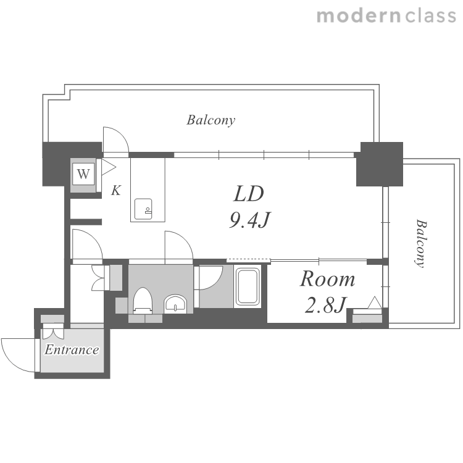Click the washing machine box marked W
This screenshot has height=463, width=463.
[83, 174]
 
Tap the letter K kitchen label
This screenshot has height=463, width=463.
[116, 191]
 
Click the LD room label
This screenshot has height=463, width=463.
[249, 194]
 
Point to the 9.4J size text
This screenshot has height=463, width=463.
[249, 220]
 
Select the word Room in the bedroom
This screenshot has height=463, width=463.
[327, 279]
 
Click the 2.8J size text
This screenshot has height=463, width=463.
[325, 305]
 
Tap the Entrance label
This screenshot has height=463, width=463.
[72, 350]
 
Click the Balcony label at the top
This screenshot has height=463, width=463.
[211, 120]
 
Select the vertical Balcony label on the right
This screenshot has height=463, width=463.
[421, 243]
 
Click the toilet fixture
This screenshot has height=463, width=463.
[143, 300]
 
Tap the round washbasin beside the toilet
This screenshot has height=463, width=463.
[175, 304]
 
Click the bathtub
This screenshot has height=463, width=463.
[248, 286]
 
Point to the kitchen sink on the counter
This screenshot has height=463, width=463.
[143, 209]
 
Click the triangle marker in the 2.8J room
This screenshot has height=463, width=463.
[375, 302]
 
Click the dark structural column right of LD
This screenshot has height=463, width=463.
[380, 164]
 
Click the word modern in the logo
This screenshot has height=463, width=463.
[359, 16]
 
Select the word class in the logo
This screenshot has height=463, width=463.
[430, 16]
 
